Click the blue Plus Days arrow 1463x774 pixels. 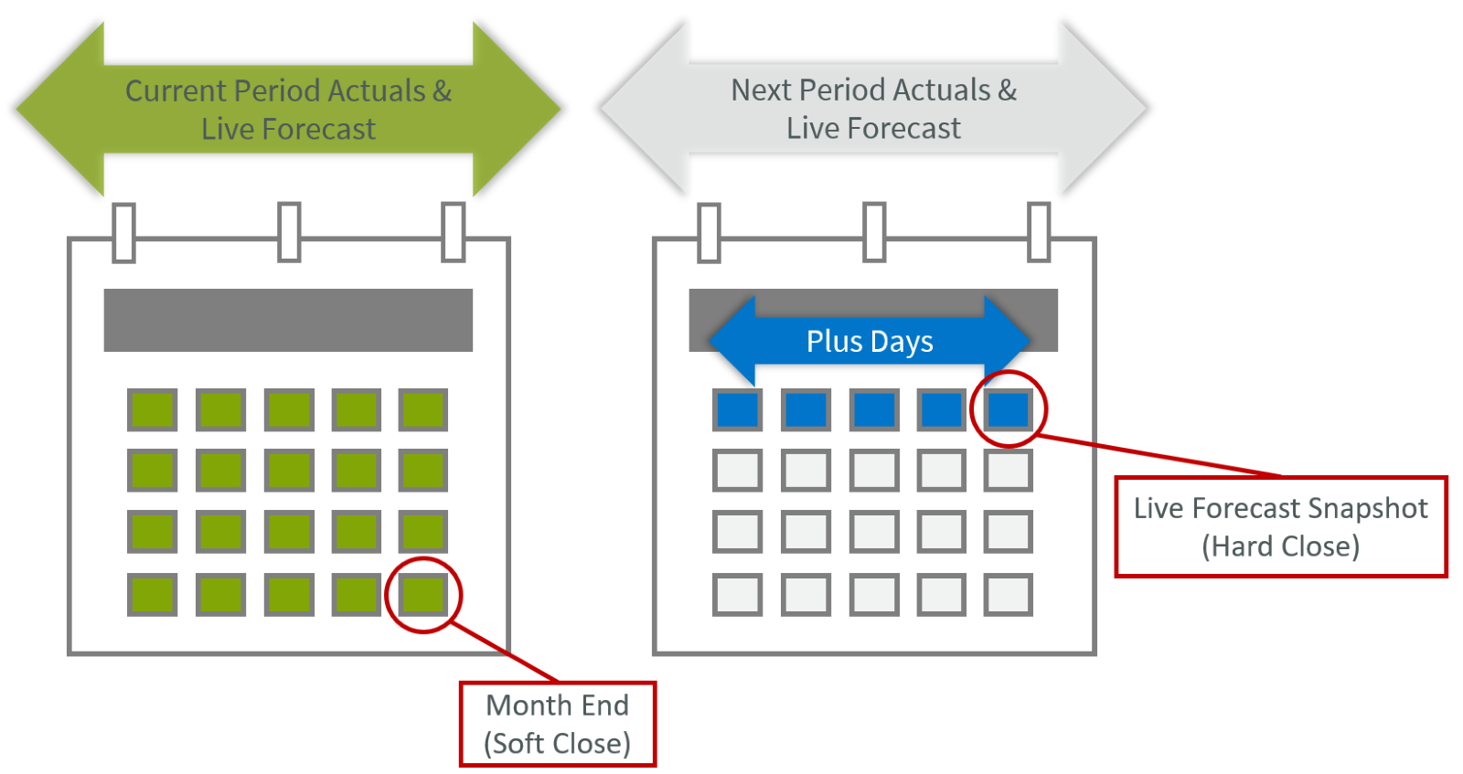[869, 341]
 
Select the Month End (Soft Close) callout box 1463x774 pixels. [558, 724]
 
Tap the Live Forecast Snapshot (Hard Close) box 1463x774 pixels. [1280, 526]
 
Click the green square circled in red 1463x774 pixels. [423, 595]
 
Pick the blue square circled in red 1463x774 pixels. [1009, 409]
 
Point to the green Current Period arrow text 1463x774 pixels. [288, 110]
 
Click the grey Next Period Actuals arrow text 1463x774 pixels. [873, 109]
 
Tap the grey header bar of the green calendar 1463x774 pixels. [288, 320]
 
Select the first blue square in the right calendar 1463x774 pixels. [738, 409]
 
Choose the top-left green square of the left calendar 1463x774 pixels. [153, 409]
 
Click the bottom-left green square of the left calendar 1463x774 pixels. [153, 595]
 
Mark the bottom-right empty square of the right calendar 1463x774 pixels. [1009, 595]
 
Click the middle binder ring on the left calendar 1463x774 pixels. [289, 232]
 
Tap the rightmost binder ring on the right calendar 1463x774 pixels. [1039, 232]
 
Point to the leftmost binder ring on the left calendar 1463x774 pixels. [124, 232]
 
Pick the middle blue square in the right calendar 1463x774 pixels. [874, 409]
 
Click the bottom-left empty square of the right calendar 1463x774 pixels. [738, 595]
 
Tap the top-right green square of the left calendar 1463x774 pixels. [423, 409]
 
